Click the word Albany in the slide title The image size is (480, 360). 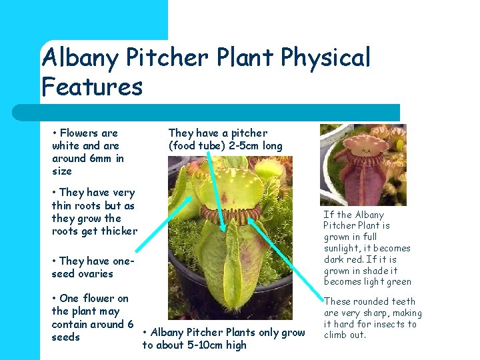(80, 58)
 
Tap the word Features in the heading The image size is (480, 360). (92, 87)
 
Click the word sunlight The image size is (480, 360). (344, 248)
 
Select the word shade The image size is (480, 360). (383, 271)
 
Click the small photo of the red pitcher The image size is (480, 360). (363, 165)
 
